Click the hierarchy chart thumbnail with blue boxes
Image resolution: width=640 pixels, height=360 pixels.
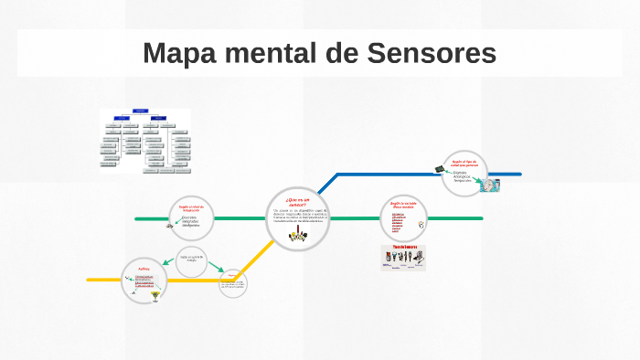pyautogui.click(x=145, y=141)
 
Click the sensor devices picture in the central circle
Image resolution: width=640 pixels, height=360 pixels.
pyautogui.click(x=298, y=236)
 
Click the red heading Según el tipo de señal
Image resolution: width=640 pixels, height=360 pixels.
pyautogui.click(x=465, y=163)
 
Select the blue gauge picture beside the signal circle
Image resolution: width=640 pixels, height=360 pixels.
pyautogui.click(x=493, y=184)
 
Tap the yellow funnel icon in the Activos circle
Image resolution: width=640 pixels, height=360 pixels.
pyautogui.click(x=154, y=297)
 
